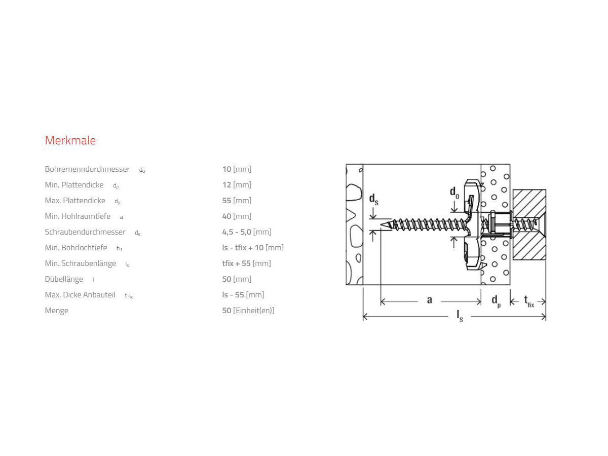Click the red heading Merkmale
(70, 140)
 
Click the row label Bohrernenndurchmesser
(87, 169)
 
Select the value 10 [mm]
(237, 169)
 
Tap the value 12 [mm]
(237, 185)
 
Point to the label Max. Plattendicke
(75, 201)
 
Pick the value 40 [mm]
(237, 216)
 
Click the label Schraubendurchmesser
(85, 232)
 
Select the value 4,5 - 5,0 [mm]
(247, 232)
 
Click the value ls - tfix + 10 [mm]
(253, 248)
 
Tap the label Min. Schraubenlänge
(81, 263)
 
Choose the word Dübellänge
(64, 279)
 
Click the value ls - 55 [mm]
(243, 295)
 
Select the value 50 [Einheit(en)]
(248, 311)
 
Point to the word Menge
(56, 311)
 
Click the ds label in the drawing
(373, 200)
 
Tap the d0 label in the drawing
(454, 193)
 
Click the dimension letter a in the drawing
(429, 300)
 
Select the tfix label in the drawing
(529, 301)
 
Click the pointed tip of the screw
(381, 225)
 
